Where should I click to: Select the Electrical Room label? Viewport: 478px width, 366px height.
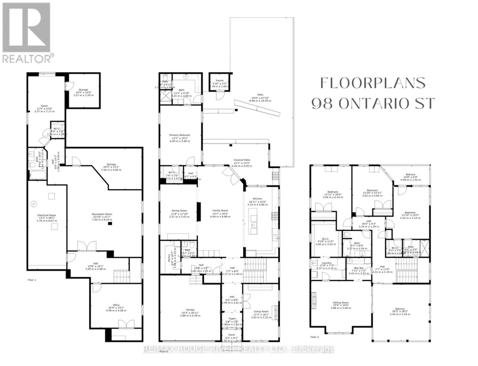pyautogui.click(x=46, y=215)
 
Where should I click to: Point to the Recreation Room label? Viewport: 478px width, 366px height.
pyautogui.click(x=102, y=214)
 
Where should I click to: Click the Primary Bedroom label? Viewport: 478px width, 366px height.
pyautogui.click(x=180, y=135)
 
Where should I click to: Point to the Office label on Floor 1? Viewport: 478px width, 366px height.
pyautogui.click(x=116, y=305)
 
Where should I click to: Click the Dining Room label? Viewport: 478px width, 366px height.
pyautogui.click(x=179, y=210)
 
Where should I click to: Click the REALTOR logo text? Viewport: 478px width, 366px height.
pyautogui.click(x=27, y=58)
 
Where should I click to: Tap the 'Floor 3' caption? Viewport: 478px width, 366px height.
pyautogui.click(x=314, y=337)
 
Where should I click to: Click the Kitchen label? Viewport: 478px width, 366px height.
pyautogui.click(x=257, y=199)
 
